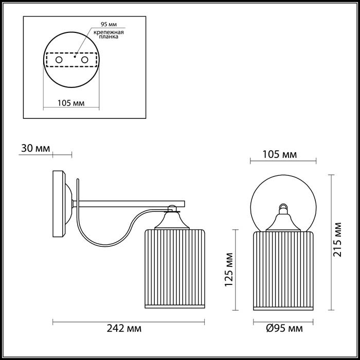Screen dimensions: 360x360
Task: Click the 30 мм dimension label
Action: (35, 149)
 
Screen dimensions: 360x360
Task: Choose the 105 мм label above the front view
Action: (280, 154)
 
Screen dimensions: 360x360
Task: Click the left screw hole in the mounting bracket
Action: (59, 61)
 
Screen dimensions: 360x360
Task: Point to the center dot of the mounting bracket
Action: (74, 58)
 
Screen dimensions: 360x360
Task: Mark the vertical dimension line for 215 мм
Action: (329, 242)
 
